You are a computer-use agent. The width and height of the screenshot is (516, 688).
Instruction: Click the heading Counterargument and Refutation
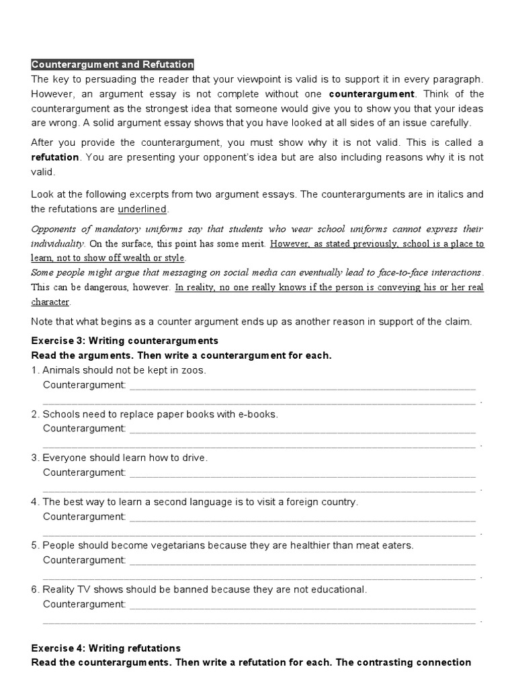pyautogui.click(x=112, y=64)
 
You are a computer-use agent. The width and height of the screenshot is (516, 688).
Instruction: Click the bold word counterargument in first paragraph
pyautogui.click(x=372, y=93)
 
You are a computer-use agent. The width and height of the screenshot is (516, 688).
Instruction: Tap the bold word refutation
pyautogui.click(x=55, y=157)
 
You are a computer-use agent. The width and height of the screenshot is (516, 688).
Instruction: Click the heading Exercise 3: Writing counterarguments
pyautogui.click(x=124, y=341)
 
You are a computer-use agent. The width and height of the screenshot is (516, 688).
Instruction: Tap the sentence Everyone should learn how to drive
pyautogui.click(x=125, y=458)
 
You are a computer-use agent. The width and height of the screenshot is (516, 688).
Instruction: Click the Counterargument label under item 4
pyautogui.click(x=84, y=517)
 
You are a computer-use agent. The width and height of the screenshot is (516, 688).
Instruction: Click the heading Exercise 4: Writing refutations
pyautogui.click(x=106, y=648)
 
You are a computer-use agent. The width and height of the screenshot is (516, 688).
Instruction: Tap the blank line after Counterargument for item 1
pyautogui.click(x=302, y=386)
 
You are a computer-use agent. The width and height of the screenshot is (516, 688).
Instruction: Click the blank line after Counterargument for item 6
pyautogui.click(x=302, y=605)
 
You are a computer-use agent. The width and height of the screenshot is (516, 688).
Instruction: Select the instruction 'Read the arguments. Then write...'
pyautogui.click(x=181, y=355)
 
